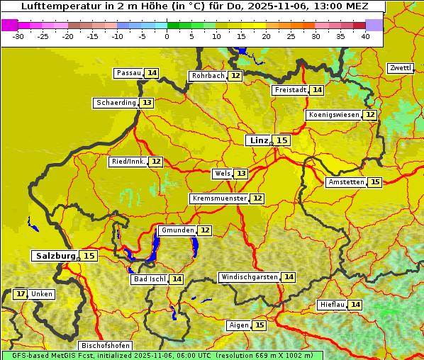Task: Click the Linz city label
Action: (x=258, y=140)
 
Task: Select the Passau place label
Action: (x=128, y=73)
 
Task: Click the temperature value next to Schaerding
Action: (x=146, y=103)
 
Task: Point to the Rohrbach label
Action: (x=208, y=76)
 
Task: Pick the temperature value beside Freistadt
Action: (x=316, y=90)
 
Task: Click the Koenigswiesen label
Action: (x=334, y=115)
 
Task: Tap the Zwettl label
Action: (x=400, y=68)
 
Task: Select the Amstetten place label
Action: (x=346, y=182)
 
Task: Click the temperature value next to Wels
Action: (x=241, y=174)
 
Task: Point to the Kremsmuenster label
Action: (x=219, y=199)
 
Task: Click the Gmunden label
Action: (x=177, y=230)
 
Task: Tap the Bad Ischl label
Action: (x=150, y=279)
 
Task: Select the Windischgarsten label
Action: (x=249, y=277)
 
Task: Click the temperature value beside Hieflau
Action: (x=355, y=305)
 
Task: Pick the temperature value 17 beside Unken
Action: (x=21, y=294)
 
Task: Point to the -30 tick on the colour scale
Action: (x=18, y=36)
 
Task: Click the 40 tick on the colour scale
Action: (x=365, y=36)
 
